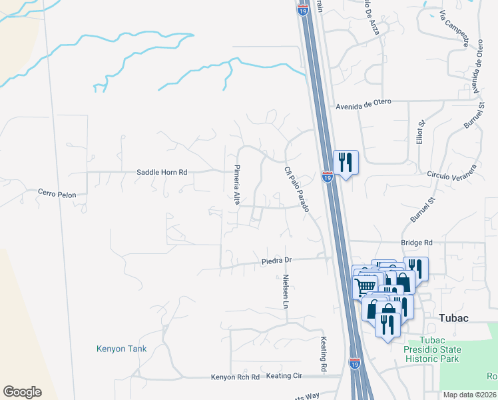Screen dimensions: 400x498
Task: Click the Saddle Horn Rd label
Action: (162, 172)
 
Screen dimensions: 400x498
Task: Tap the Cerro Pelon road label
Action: (57, 195)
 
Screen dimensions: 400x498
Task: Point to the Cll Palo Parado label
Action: (297, 189)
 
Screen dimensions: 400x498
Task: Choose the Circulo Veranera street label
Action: (453, 173)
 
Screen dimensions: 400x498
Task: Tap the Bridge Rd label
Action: (417, 243)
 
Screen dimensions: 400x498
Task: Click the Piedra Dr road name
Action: (276, 260)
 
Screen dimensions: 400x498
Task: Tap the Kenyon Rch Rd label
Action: (235, 377)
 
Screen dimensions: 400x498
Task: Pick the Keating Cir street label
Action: (284, 376)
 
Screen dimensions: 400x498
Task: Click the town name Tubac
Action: (453, 318)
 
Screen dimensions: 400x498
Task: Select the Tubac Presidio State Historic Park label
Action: (431, 350)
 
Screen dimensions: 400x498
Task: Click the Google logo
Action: (22, 392)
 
